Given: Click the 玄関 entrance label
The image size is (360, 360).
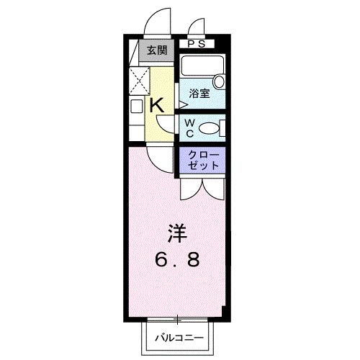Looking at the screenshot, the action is [x=157, y=50].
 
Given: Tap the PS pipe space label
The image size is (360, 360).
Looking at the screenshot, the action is [x=197, y=44].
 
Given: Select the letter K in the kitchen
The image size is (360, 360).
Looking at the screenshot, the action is [x=157, y=105].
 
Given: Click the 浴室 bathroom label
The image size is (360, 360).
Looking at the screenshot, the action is [x=199, y=94].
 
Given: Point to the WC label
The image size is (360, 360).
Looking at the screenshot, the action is [x=190, y=128].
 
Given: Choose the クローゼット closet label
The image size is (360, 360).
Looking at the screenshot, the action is [x=203, y=160].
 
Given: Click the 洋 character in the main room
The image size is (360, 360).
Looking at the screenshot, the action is [x=177, y=233].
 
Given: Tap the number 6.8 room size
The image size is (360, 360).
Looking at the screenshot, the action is [x=177, y=260].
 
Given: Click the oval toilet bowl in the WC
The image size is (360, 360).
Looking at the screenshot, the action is [x=209, y=128].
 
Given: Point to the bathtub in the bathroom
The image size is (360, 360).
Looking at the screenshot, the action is [x=202, y=66].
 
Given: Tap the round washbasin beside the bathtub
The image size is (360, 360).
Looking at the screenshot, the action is [x=219, y=81].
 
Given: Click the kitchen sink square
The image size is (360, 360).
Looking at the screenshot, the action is [x=137, y=106].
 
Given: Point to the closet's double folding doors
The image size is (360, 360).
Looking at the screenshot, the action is [x=203, y=189].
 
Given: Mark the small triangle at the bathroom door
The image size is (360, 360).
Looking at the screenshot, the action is [x=183, y=104].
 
